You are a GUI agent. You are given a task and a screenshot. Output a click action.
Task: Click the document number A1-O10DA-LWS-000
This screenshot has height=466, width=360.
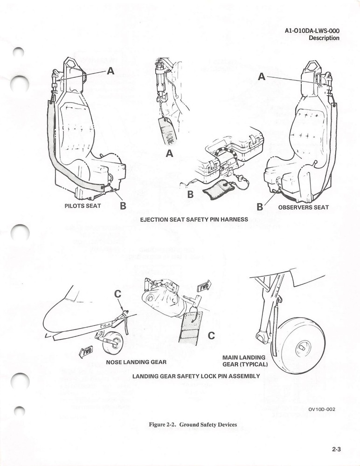coord(312,31)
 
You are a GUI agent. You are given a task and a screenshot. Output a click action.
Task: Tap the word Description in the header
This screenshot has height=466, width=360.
coord(324,38)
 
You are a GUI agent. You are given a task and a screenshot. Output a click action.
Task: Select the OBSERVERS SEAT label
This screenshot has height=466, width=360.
coord(303,207)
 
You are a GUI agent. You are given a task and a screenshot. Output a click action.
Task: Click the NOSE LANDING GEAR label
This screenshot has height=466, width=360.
coord(136,362)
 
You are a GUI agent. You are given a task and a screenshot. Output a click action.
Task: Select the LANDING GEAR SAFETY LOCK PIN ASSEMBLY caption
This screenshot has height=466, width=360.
coord(195,376)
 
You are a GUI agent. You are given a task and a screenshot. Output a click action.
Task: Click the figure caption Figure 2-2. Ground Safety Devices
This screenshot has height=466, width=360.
coord(193,425)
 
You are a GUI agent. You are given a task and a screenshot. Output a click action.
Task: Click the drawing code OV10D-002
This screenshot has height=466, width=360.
coord(321,409)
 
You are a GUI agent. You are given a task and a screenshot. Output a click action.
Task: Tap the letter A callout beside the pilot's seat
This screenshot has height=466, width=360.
coord(111,71)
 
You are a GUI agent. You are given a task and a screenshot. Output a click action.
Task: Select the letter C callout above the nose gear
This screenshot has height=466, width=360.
coord(118,294)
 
